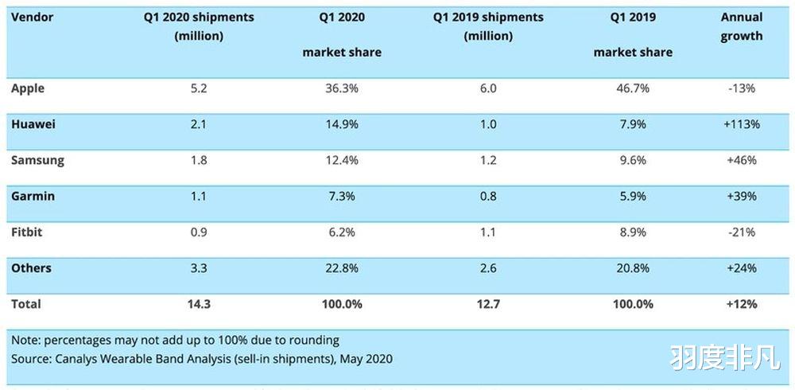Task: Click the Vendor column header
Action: (32, 17)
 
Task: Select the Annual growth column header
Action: (741, 26)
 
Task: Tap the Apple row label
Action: (28, 88)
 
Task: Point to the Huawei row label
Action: (33, 124)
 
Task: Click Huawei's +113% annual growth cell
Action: (740, 124)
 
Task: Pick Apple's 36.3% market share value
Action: (341, 88)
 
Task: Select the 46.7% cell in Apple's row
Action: (632, 88)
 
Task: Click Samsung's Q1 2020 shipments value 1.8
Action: (198, 160)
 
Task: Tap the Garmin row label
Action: (33, 196)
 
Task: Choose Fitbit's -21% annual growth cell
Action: (740, 232)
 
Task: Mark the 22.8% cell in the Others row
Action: (341, 268)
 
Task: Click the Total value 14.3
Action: (198, 304)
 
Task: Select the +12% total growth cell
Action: (740, 304)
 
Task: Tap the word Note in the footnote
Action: (25, 340)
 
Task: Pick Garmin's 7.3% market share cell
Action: (341, 196)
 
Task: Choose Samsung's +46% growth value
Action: (740, 160)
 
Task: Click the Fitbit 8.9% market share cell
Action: (632, 232)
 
